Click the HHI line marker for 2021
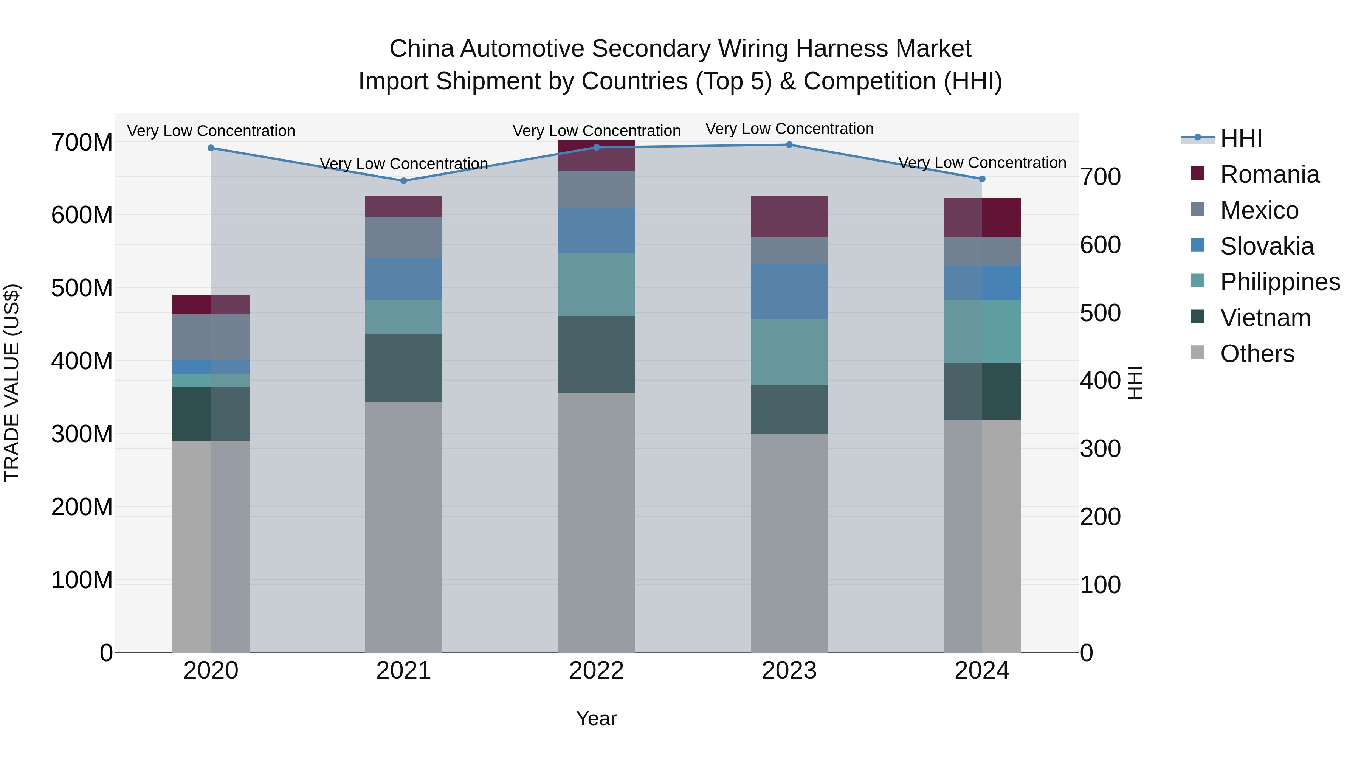coord(404,181)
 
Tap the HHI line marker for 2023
coord(789,145)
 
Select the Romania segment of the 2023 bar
coord(789,216)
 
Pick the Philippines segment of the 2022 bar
coord(597,284)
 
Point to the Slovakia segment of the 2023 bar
coord(789,291)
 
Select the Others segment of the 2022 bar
coord(597,522)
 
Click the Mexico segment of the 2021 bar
coord(404,237)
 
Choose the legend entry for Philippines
coord(1280,282)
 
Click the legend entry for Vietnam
coord(1265,318)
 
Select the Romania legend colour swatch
coord(1198,173)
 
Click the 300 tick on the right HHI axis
coord(1100,449)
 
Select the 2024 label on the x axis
coord(982,671)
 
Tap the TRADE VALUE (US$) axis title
coord(12,383)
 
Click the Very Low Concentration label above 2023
coord(789,129)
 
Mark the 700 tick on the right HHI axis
coord(1100,177)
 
